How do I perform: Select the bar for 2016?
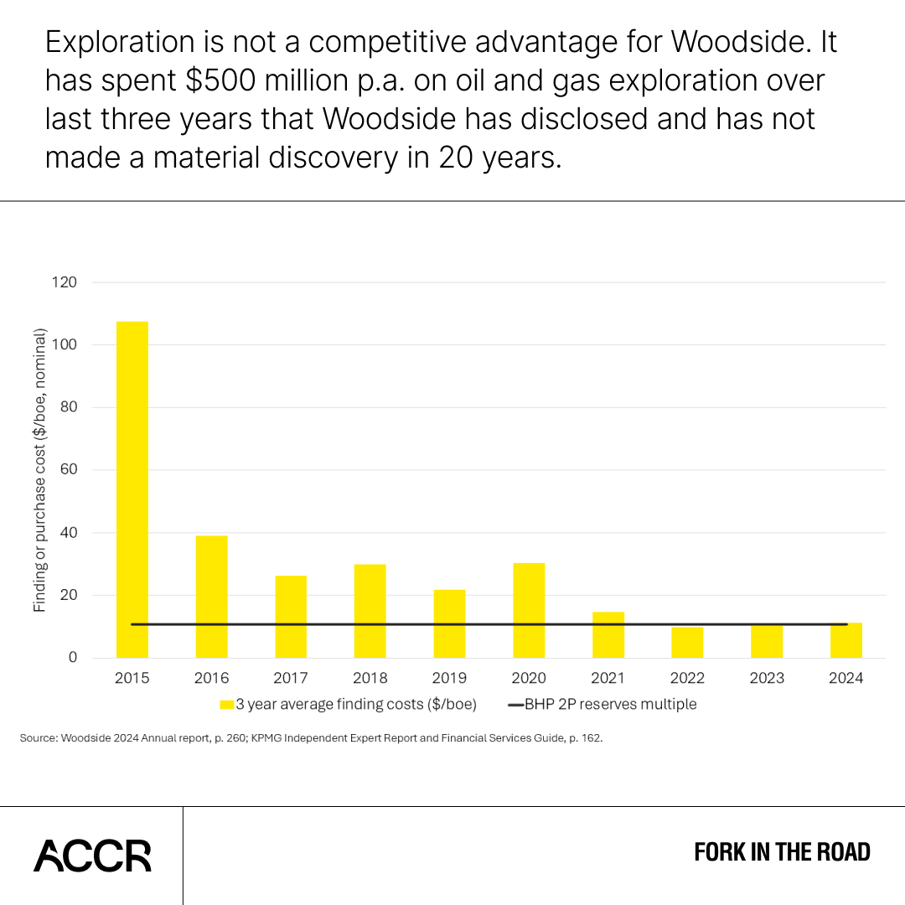[x=211, y=597]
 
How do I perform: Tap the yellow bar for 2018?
[x=370, y=611]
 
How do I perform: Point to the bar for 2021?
[x=608, y=634]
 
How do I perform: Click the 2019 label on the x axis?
[x=449, y=678]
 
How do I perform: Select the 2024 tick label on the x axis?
[x=846, y=678]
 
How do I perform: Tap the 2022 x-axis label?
[x=687, y=678]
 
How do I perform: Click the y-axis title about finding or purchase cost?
[x=39, y=469]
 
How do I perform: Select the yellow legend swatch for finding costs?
[x=226, y=705]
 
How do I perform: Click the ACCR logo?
[x=92, y=856]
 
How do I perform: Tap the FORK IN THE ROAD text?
[x=782, y=853]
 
